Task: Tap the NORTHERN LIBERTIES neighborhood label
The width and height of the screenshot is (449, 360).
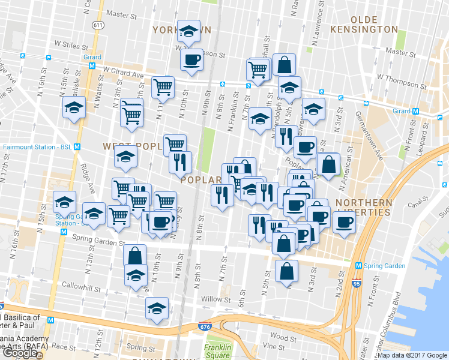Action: [364, 208]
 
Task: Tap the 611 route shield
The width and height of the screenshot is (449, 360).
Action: [97, 25]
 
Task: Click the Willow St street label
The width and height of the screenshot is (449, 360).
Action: [216, 299]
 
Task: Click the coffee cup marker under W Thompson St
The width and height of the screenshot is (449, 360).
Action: [191, 60]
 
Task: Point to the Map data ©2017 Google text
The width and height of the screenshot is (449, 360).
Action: [412, 355]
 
